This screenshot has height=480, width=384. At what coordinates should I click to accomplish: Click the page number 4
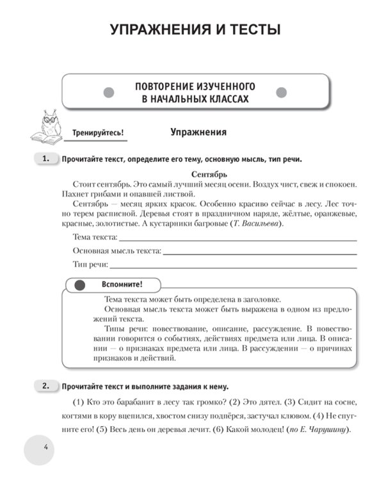click(x=46, y=445)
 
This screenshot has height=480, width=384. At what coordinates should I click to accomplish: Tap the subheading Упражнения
click(x=198, y=132)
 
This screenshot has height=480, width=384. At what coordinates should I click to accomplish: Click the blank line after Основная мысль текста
click(x=260, y=252)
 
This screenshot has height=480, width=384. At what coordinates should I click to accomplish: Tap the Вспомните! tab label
click(x=122, y=284)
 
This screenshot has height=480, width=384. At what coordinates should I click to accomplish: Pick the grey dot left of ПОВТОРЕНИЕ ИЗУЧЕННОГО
click(x=109, y=92)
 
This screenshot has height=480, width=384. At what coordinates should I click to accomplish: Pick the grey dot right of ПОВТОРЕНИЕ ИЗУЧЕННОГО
click(x=281, y=92)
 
